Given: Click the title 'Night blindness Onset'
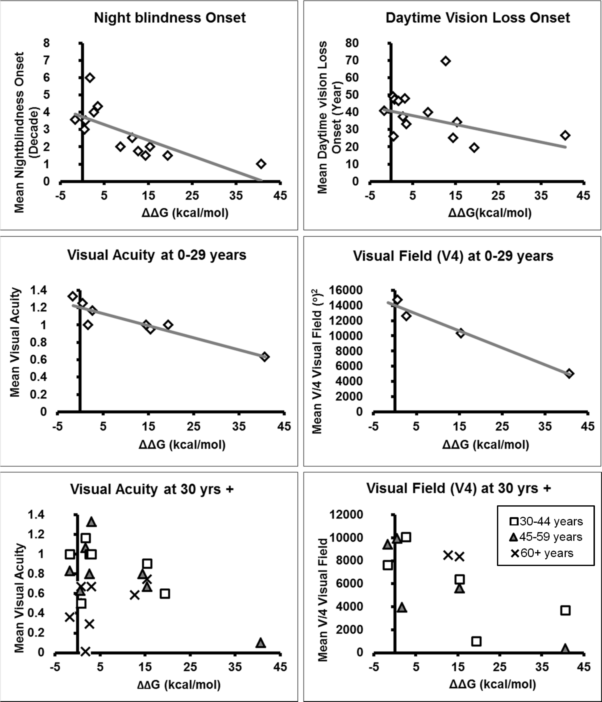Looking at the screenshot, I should (x=170, y=18).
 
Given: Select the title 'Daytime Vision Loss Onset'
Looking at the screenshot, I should (x=478, y=18).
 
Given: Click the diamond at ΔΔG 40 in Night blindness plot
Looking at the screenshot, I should (x=261, y=164).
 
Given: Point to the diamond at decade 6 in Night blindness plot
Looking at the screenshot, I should (x=90, y=78).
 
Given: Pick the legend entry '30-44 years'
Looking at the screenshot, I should (x=546, y=521).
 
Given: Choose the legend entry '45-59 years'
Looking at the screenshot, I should (x=546, y=537).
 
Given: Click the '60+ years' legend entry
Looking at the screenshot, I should (x=542, y=553).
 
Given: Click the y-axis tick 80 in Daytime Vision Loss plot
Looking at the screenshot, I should (x=352, y=43).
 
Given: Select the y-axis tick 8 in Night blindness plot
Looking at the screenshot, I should (x=46, y=43).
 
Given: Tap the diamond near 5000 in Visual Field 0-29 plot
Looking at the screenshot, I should (x=569, y=374).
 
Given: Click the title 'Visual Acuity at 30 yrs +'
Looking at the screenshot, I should (x=152, y=489).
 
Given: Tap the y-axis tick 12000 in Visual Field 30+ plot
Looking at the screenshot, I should (x=346, y=515).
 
